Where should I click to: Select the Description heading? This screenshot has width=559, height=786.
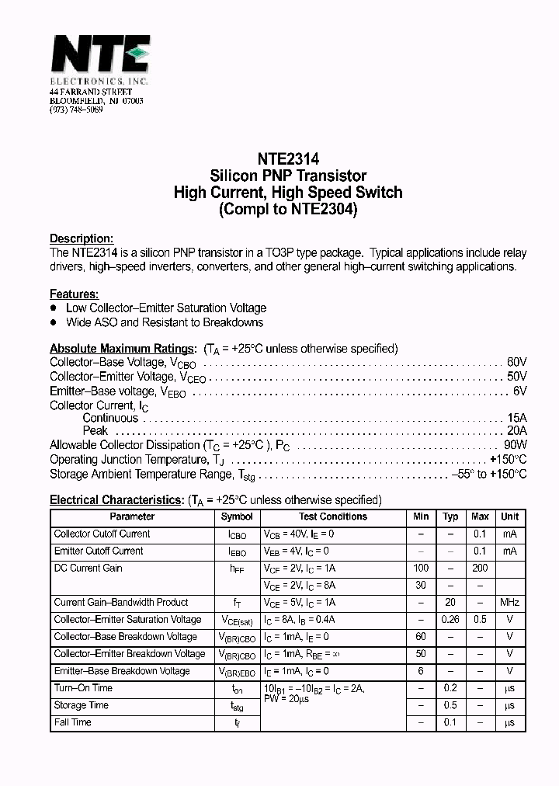point(82,238)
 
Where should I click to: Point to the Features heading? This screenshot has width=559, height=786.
point(74,294)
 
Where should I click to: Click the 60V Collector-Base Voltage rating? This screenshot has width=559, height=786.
point(517,362)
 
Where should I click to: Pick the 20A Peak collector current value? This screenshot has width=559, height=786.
point(517,431)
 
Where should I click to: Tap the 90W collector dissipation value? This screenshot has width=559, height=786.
point(516,445)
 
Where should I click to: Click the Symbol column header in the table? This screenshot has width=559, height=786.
point(237,516)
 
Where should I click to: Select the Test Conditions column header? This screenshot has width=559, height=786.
point(333,516)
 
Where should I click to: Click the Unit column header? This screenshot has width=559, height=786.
point(510,516)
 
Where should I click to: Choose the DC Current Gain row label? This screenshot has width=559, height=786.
point(88,569)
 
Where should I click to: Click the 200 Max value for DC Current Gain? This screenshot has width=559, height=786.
point(480,569)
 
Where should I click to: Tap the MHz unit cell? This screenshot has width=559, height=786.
point(510,603)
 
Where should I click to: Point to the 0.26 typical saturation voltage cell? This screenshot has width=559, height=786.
point(450,620)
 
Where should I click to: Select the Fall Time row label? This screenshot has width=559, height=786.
point(72,722)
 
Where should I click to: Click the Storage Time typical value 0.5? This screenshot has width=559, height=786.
point(450,705)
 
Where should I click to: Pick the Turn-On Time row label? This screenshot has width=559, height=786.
point(83,688)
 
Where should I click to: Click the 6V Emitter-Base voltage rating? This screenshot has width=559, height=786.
point(520,391)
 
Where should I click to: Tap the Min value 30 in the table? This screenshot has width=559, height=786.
point(421,586)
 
